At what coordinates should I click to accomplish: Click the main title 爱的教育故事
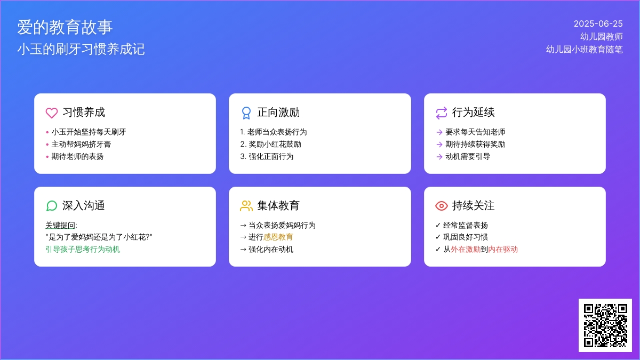(x=65, y=27)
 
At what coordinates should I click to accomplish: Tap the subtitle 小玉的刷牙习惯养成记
(x=81, y=49)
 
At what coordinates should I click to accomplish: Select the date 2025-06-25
(x=598, y=23)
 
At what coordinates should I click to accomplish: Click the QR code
(x=605, y=325)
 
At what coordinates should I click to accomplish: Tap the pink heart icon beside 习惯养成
(x=52, y=113)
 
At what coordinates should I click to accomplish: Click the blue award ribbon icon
(x=246, y=113)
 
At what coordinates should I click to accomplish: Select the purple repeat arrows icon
(x=442, y=113)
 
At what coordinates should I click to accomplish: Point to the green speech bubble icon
(x=52, y=206)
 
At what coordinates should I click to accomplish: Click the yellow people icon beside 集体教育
(x=246, y=206)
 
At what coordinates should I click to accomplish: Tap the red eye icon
(x=442, y=206)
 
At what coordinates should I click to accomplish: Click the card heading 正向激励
(x=278, y=113)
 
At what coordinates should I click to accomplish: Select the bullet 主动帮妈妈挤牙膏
(x=81, y=145)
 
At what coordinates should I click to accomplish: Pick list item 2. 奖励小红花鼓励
(x=270, y=145)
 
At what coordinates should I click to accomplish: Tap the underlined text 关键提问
(x=60, y=225)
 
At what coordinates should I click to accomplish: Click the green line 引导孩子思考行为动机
(x=83, y=249)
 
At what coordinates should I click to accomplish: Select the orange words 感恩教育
(x=278, y=237)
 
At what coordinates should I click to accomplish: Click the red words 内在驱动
(x=503, y=249)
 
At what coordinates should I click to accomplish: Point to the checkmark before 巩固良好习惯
(x=438, y=237)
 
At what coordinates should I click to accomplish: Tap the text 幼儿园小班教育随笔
(x=585, y=50)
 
